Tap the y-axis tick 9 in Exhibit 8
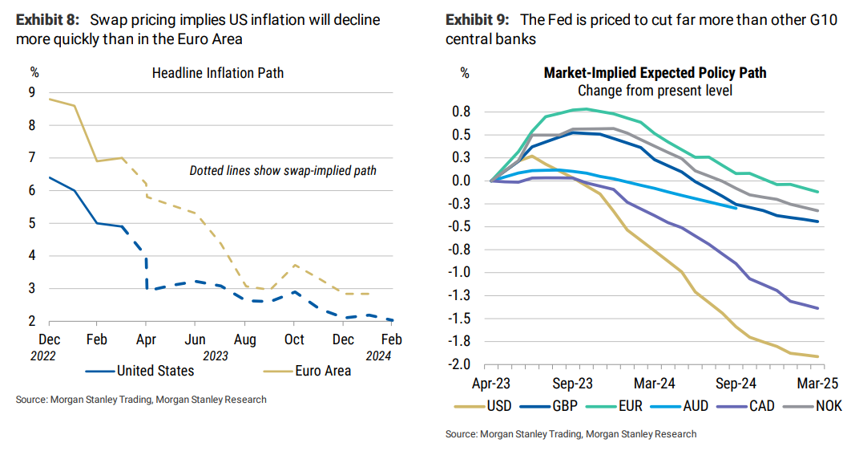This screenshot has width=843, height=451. tap(31, 92)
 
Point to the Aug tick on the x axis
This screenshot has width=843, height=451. tap(245, 339)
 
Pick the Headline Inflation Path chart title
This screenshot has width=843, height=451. tap(218, 73)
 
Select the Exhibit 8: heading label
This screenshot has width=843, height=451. tap(49, 19)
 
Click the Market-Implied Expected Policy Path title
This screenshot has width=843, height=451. tap(655, 73)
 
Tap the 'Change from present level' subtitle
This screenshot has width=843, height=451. tap(655, 90)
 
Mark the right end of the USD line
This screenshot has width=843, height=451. tap(818, 356)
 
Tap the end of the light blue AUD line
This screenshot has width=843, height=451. tap(736, 209)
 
